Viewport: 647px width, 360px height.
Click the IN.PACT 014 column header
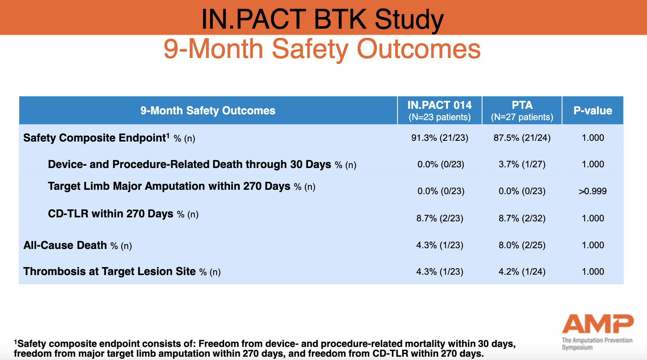(x=440, y=110)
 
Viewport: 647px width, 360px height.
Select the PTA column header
(x=522, y=110)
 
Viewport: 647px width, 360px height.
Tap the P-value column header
(x=593, y=111)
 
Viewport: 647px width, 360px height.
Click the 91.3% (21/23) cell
(x=440, y=138)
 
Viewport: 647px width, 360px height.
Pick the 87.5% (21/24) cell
(x=522, y=138)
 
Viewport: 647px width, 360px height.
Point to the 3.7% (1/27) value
(x=522, y=164)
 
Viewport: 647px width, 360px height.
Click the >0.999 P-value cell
(x=593, y=191)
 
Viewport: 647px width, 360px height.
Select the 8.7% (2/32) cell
(x=522, y=218)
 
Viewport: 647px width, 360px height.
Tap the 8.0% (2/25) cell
(x=522, y=245)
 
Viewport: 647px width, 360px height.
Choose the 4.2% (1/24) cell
(x=522, y=272)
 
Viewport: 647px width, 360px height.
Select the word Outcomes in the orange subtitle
(x=419, y=49)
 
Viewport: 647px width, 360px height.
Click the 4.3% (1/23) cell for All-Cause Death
(x=440, y=245)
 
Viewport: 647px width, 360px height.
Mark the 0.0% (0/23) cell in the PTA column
(x=522, y=191)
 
